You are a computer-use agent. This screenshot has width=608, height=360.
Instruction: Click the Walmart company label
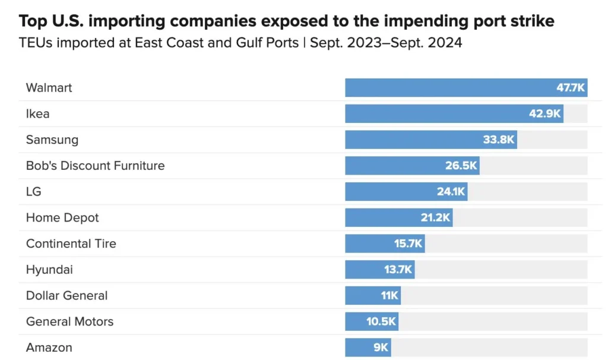pos(49,88)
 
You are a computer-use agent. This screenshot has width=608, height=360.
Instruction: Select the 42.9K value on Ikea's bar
pos(545,113)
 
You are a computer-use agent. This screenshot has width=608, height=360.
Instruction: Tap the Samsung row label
pos(52,140)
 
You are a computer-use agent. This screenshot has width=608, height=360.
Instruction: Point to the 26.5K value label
pos(461,166)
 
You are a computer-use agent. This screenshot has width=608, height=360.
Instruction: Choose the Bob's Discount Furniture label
pos(96,166)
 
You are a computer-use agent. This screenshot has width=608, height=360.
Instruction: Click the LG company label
pos(34,192)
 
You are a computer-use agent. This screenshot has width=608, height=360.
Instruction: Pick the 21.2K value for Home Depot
pos(436,217)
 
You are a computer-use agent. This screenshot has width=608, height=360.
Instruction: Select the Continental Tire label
pos(71,244)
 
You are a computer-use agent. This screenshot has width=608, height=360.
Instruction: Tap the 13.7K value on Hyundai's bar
pos(398,270)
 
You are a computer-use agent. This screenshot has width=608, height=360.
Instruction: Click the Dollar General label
pos(67,296)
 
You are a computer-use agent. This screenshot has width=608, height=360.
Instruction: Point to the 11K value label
pos(390,296)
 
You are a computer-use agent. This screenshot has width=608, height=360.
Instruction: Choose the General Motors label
pos(69,321)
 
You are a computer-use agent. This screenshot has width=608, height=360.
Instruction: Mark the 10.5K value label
pos(381,322)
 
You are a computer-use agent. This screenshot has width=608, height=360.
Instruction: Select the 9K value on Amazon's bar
pos(381,348)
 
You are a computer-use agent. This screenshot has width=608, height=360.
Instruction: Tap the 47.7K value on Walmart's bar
pos(571,88)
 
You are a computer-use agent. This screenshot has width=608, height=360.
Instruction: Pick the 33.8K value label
pos(499,140)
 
